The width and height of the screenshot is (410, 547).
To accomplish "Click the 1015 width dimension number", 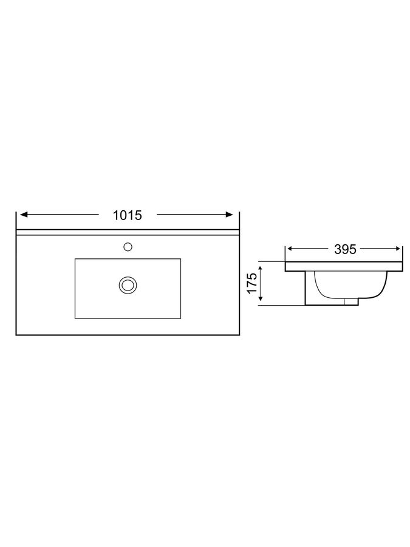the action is (128, 216).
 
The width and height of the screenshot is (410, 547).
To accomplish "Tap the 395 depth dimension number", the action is (345, 249).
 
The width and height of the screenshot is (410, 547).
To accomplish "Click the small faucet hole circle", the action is (128, 247).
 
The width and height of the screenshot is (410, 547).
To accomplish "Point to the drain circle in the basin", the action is (128, 285).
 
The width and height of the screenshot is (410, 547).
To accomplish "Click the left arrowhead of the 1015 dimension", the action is (24, 215).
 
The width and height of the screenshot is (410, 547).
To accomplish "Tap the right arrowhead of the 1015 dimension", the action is (229, 215).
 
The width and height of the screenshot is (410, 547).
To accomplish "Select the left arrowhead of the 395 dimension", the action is (290, 249).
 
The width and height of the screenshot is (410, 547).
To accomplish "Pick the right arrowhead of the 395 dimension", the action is (397, 249).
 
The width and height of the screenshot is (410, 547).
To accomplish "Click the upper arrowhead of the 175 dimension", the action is (261, 269).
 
